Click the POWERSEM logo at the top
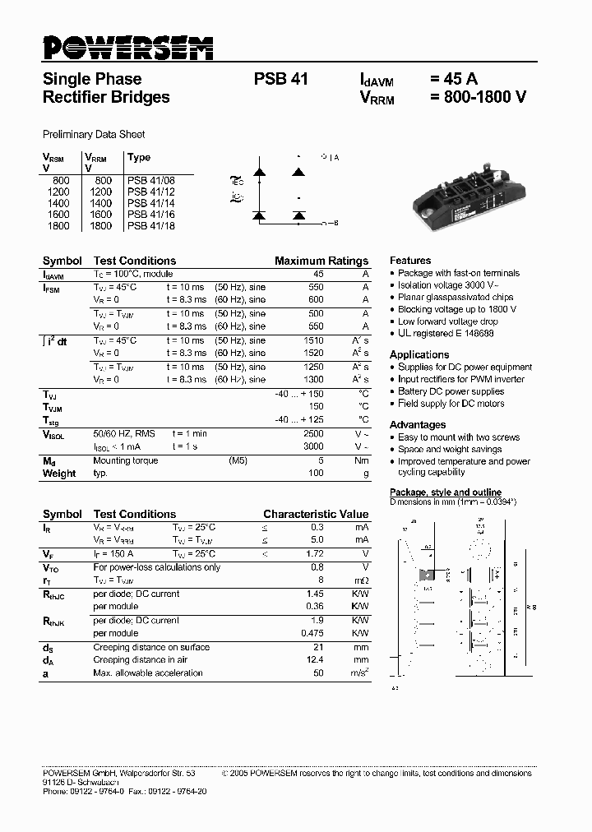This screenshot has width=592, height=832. tap(127, 49)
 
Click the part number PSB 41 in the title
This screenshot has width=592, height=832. tap(280, 80)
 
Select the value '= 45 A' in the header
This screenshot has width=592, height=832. tap(453, 80)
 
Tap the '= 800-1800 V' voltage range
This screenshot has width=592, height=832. tap(477, 97)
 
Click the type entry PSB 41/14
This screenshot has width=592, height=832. tap(150, 203)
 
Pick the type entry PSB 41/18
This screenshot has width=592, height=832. tap(150, 226)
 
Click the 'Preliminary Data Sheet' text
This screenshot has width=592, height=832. tap(93, 134)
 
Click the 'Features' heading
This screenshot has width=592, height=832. tap(409, 260)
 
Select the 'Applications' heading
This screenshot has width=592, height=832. tap(419, 354)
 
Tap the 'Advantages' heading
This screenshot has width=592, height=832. tap(417, 424)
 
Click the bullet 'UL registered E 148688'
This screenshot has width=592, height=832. tap(446, 334)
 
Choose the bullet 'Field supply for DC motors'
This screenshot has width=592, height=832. tap(451, 404)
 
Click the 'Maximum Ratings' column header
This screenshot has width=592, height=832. tap(321, 261)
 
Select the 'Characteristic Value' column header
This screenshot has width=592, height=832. tap(315, 514)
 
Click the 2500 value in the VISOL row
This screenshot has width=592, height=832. tap(313, 433)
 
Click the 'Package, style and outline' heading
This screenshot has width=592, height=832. tap(445, 492)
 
